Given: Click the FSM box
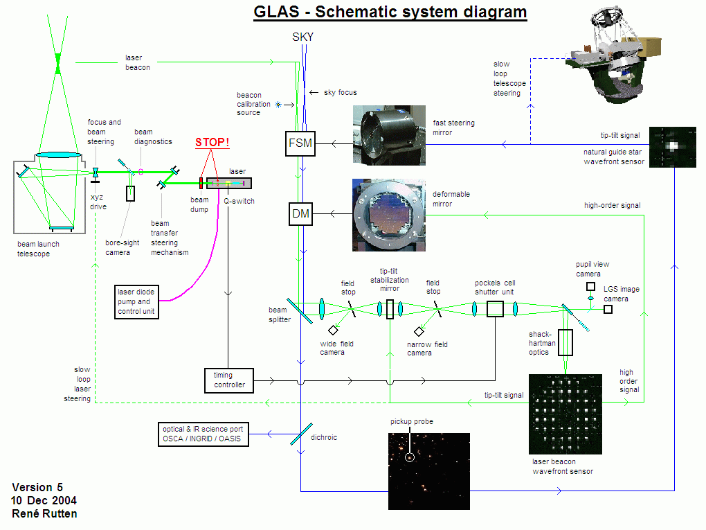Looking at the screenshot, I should coord(300,144).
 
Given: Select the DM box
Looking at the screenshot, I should coord(300,213).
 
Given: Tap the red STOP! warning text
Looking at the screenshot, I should coord(211,143).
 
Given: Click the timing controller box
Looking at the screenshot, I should coord(229,380).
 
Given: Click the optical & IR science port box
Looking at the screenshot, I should coord(203,434).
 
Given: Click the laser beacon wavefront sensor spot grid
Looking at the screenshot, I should coord(565,414).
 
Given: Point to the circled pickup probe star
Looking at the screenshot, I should coord(410,457).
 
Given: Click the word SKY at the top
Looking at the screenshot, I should coord(302,37).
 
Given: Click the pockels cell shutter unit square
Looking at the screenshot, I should coord(495,308).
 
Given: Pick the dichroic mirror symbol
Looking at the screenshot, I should coord(300,434).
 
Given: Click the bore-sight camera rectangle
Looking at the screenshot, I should coord(131,193).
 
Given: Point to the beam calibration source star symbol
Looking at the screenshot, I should coord(279,105).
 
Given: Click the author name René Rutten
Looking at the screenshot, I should coord(44,513).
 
